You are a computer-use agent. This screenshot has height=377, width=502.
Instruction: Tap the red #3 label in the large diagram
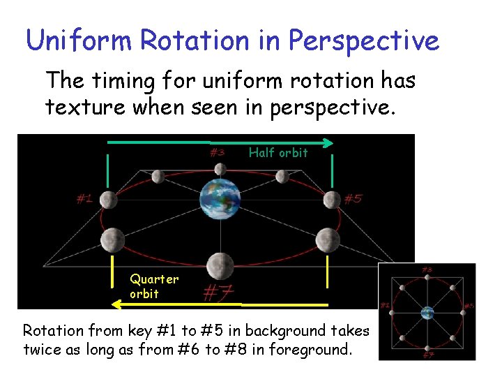(x=218, y=151)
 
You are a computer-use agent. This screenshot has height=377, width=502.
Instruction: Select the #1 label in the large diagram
(x=84, y=199)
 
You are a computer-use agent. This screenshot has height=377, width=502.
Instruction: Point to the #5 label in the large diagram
(x=353, y=199)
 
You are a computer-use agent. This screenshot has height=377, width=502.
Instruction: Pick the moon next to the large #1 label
(x=108, y=200)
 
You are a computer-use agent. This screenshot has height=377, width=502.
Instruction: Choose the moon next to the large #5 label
(x=331, y=200)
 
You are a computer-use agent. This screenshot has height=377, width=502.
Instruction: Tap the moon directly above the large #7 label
(x=220, y=265)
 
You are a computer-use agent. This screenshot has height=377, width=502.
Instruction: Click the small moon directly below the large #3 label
(x=220, y=169)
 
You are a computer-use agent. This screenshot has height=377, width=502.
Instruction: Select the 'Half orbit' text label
(x=278, y=153)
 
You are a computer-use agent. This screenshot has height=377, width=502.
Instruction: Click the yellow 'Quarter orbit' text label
(x=153, y=286)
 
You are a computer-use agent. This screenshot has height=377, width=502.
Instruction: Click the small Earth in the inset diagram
(x=427, y=312)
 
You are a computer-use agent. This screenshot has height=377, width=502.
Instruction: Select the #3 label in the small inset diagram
(x=427, y=269)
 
